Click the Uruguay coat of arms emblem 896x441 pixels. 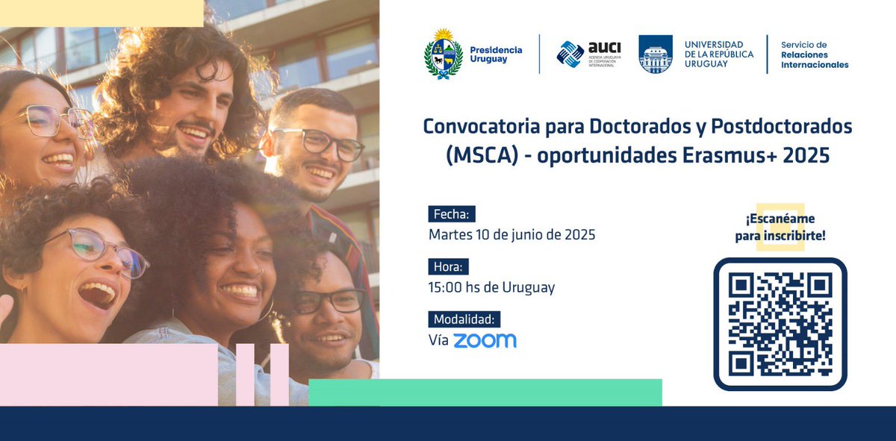pos(443,54)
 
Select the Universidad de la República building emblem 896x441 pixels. pos(656,54)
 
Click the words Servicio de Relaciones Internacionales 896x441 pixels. pos(815,54)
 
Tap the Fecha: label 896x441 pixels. pos(452,214)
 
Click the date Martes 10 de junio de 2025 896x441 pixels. pos(511,234)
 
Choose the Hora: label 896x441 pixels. pos(449,266)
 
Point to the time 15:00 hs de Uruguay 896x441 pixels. pos(491,287)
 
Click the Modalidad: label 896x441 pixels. pos(464,319)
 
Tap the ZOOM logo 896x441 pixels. pos(485,340)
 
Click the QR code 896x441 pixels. pos(780,324)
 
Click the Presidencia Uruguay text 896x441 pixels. pos(496,54)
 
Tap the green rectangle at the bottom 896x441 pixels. pos(485,392)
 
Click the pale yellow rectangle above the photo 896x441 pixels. pos(102,13)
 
